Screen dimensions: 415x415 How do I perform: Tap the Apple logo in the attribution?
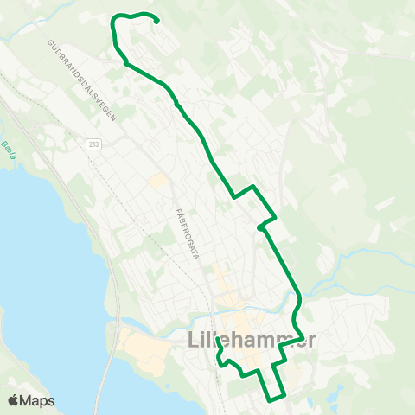[14, 400]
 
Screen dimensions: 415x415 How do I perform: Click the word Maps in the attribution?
[38, 400]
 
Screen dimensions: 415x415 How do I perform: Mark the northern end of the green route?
[157, 22]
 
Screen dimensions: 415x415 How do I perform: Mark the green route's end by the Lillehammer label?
[217, 351]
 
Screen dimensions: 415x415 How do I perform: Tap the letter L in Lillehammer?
[192, 341]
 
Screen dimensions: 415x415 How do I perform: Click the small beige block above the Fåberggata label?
[157, 181]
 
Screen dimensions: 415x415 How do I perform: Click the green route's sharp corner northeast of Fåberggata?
[252, 186]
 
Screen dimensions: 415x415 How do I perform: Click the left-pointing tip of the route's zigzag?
[259, 228]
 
